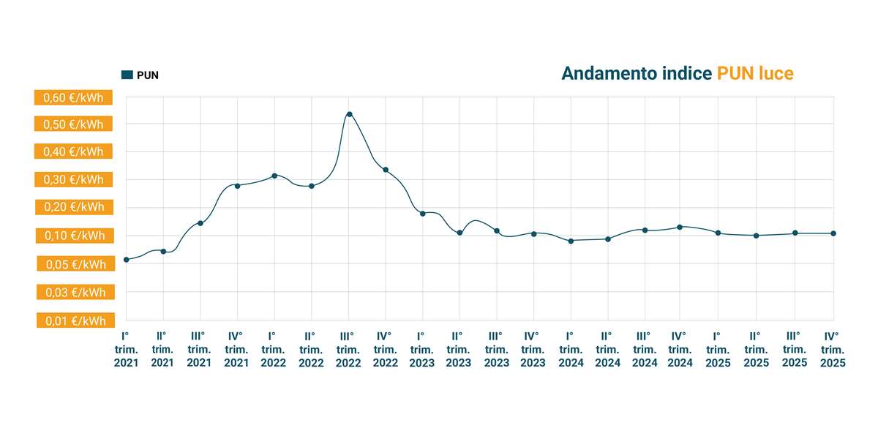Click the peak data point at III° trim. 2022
[349, 114]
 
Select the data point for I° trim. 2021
[127, 260]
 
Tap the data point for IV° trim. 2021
[237, 186]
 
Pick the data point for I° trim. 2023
[423, 213]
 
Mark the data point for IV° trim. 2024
[680, 227]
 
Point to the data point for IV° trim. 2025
[833, 233]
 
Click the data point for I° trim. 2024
[571, 241]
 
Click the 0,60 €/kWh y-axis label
[73, 98]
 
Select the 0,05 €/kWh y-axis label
[73, 264]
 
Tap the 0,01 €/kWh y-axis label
[73, 320]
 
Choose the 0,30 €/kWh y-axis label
[73, 179]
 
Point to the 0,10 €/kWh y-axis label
[73, 236]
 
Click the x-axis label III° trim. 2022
[348, 349]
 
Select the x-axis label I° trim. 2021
[126, 349]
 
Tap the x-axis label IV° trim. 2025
[832, 349]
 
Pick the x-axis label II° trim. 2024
[607, 349]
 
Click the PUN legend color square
[127, 75]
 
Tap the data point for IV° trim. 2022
[386, 170]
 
